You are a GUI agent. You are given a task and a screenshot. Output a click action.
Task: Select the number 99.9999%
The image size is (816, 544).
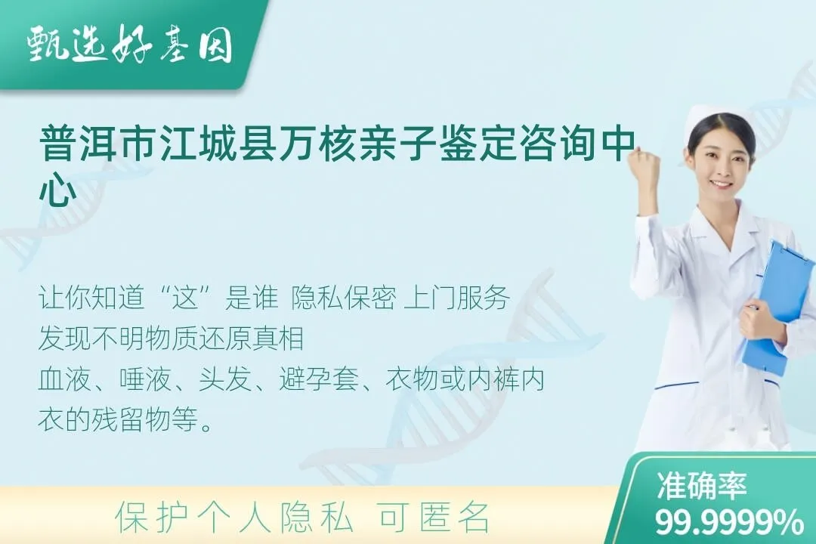[730, 522]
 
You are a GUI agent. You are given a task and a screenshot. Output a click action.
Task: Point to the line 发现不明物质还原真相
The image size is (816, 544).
[171, 338]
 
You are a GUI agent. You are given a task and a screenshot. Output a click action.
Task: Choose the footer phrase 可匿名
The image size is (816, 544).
[434, 518]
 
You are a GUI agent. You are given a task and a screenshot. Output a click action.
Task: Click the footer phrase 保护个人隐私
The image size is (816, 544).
[234, 518]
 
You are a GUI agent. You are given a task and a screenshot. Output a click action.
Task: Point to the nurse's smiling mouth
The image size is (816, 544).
[722, 184]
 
